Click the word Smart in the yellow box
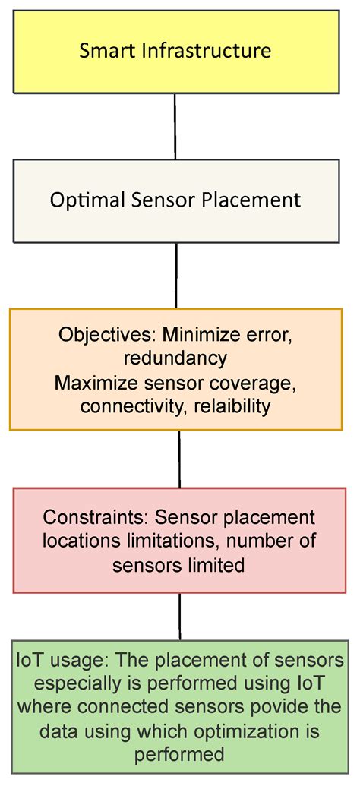[103, 52]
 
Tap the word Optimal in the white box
[82, 200]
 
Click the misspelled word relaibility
[233, 406]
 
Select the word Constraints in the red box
[96, 518]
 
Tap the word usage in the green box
[65, 660]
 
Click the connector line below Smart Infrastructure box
[175, 126]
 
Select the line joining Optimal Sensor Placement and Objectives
[177, 275]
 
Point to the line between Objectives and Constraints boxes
[179, 459]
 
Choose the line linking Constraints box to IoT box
[180, 616]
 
